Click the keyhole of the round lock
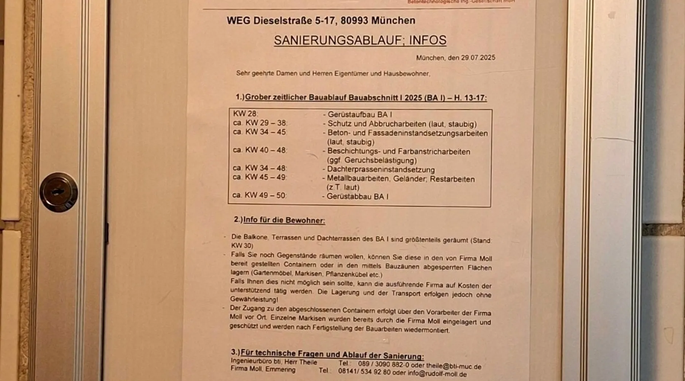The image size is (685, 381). [x=58, y=192]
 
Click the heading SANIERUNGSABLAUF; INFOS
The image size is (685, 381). [x=360, y=40]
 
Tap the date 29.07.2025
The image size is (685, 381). [x=478, y=58]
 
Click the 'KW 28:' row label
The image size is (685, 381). [x=245, y=114]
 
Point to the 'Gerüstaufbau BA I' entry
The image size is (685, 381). [x=360, y=114]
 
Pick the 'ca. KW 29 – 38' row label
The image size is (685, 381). [x=260, y=123]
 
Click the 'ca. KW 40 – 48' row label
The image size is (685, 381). [x=260, y=150]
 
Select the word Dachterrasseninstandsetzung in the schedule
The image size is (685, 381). [x=381, y=170]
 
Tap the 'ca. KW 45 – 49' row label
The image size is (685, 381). [x=260, y=177]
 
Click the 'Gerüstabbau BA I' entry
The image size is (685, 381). [x=357, y=197]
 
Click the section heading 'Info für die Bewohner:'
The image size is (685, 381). [x=284, y=220]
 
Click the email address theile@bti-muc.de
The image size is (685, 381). [x=450, y=367]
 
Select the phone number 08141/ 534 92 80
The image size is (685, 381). [x=364, y=372]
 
